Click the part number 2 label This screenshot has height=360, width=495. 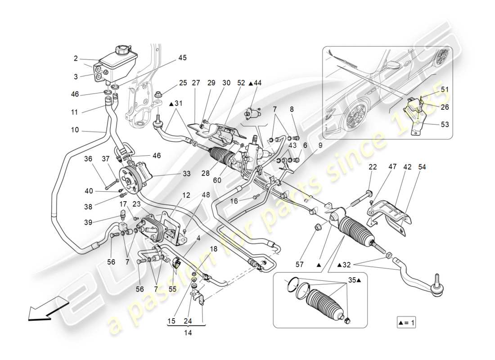76,58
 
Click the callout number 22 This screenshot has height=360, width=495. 373,167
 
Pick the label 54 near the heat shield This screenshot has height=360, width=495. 422,167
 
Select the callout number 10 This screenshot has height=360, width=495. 75,130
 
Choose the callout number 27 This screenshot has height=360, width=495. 196,83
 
